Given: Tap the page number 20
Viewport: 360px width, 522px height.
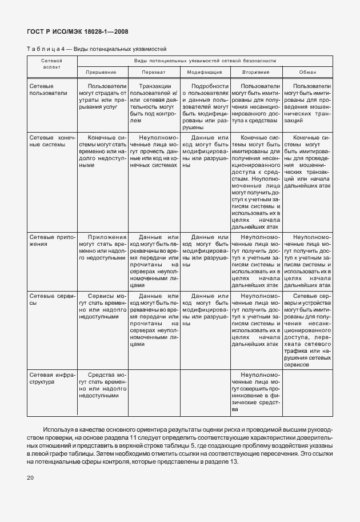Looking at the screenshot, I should [31, 477].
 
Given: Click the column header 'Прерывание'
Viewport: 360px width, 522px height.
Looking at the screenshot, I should [101, 73].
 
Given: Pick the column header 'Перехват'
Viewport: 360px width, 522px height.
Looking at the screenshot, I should [154, 73].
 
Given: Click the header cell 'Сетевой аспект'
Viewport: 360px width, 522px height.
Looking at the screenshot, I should [51, 63].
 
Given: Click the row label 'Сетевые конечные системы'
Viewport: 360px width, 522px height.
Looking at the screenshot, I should [51, 141].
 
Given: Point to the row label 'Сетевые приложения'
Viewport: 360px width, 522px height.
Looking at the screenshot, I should [51, 240].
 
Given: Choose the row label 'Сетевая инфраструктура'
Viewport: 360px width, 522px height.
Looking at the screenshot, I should [51, 378].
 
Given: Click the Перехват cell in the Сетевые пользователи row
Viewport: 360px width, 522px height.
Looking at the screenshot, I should [154, 103].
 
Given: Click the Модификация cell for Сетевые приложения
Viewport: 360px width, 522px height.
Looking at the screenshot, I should [205, 248].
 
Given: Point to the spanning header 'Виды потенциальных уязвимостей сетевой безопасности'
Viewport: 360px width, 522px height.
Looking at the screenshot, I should [205, 60].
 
